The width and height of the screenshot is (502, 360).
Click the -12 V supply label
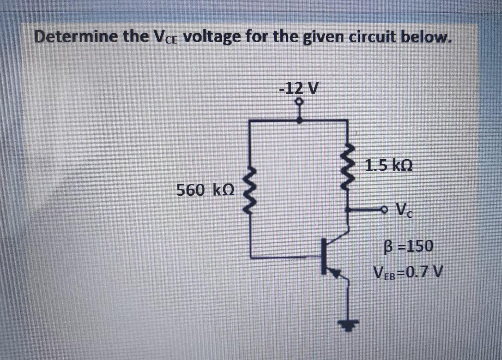pos(299,88)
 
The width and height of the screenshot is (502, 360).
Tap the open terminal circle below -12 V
pos(300,101)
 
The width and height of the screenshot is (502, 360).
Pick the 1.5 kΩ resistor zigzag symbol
pos(348,168)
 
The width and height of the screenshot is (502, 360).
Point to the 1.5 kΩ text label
pos(388,165)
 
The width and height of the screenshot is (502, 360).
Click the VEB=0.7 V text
pos(408,272)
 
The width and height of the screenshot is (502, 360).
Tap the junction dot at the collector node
pos(348,210)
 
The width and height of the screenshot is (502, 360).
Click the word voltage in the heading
pos(212,37)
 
